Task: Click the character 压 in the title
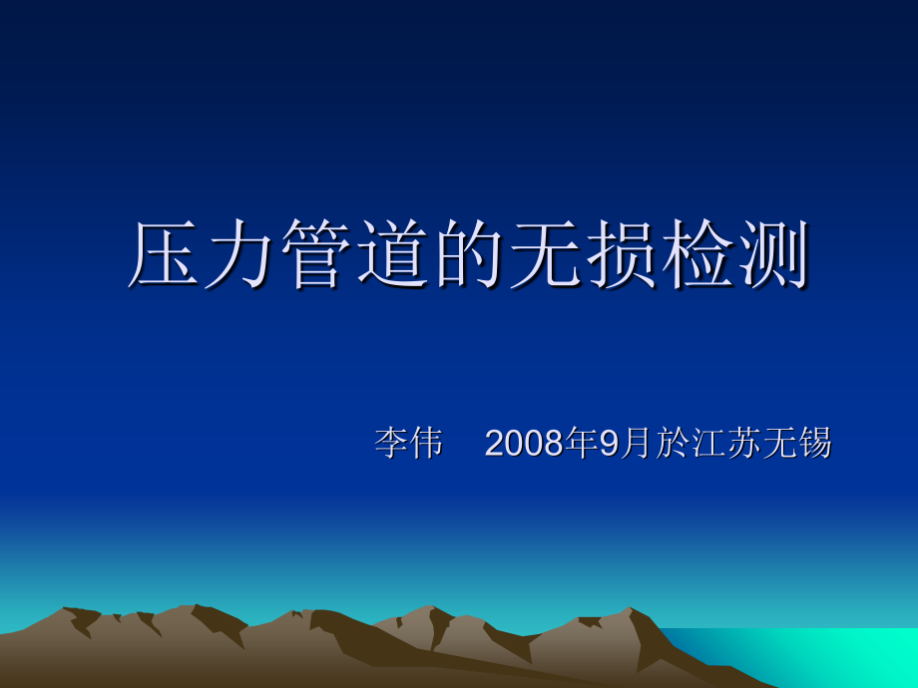pyautogui.click(x=166, y=255)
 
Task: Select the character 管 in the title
pyautogui.click(x=317, y=255)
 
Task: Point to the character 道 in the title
pyautogui.click(x=393, y=255)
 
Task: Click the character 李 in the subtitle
pyautogui.click(x=391, y=444)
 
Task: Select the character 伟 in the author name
pyautogui.click(x=426, y=444)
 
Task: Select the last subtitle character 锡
pyautogui.click(x=815, y=444)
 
